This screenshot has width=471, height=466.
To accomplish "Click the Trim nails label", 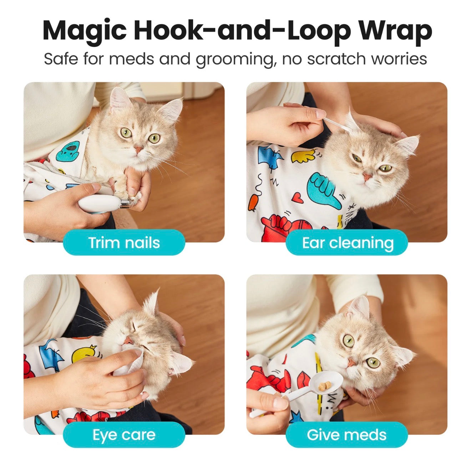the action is click(x=124, y=243).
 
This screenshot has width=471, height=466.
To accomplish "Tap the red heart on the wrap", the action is click(x=298, y=198).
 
